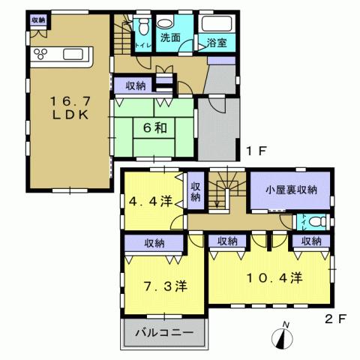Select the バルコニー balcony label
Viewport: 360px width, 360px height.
coord(164,331)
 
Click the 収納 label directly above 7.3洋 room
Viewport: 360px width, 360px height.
coord(154,243)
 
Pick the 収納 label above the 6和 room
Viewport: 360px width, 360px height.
coord(136,85)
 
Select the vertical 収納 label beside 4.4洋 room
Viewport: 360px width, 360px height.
coord(195,191)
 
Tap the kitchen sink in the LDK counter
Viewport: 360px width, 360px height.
coord(77,54)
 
